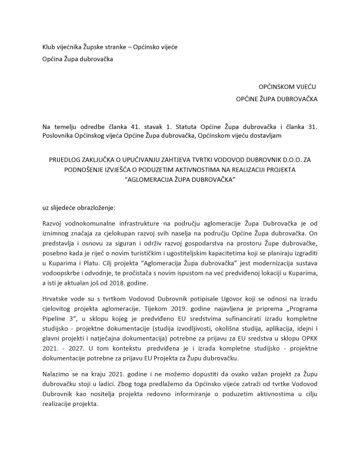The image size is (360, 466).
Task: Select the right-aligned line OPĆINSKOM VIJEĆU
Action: point(286,86)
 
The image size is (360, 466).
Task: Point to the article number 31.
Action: point(312,127)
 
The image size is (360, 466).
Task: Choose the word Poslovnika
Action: point(59,137)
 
